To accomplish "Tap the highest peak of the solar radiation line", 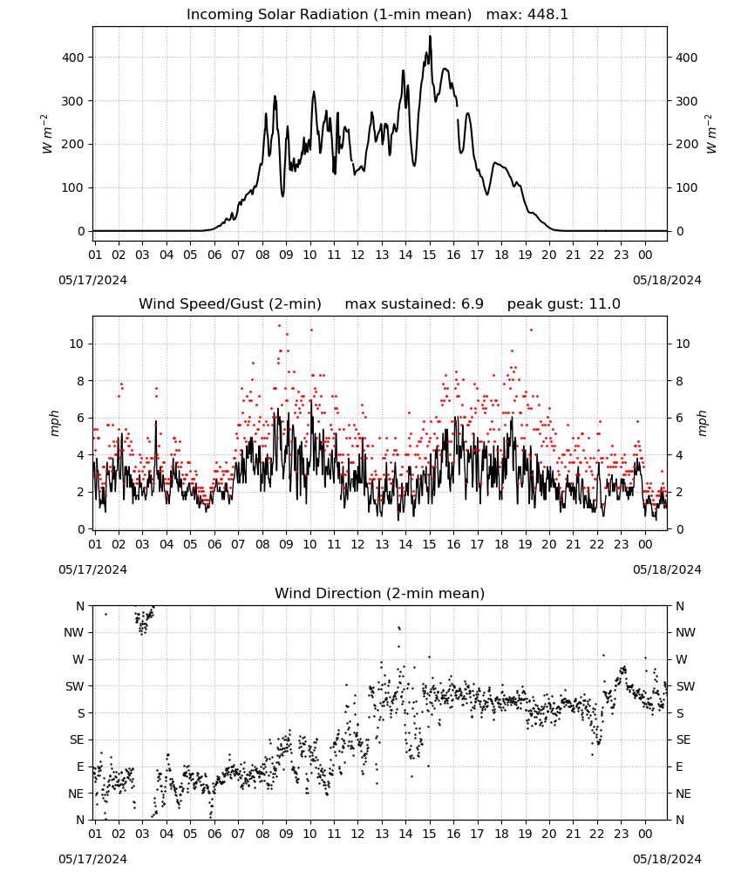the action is point(430,37).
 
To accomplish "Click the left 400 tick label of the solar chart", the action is point(74,58).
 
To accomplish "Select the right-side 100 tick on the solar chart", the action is point(687,188).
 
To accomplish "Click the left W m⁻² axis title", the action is point(47,134).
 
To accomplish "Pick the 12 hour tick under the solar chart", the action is point(357,255).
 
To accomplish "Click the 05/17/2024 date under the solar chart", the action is point(92,280).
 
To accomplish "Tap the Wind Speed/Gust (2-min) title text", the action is point(230,304).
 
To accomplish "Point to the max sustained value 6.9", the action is point(472,304).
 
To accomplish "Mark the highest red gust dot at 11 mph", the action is point(279,326).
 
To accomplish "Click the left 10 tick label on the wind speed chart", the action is point(77,344).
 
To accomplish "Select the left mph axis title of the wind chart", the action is point(54,423).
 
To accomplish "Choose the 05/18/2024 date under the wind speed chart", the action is point(667,569).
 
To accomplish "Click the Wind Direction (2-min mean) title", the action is point(380,593).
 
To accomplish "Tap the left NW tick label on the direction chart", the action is point(74,633).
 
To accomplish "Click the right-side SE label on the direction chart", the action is point(683,740).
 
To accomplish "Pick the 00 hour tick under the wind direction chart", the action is point(645,834).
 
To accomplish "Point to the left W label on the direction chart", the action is point(78,659).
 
